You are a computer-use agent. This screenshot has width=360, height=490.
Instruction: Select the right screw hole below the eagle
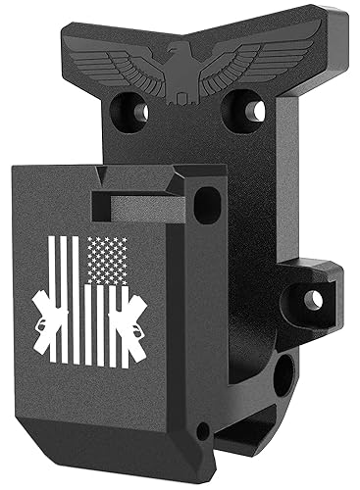(x=250, y=110)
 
